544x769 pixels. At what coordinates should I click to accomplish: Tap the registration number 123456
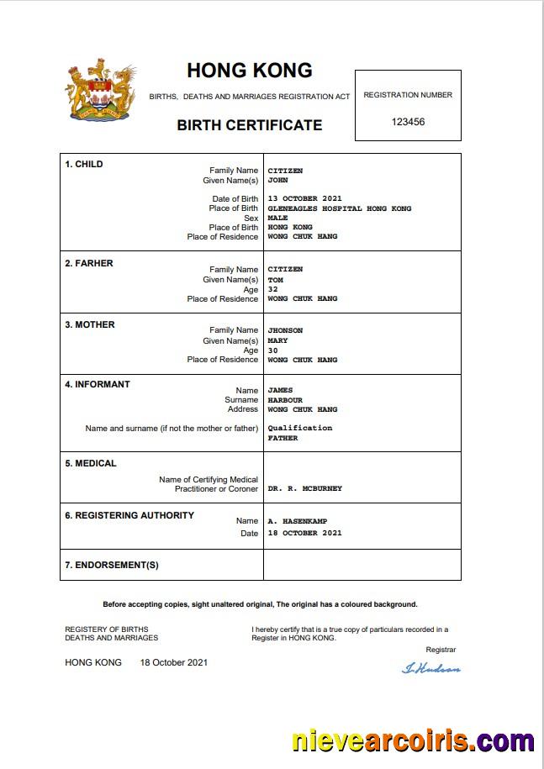[x=408, y=122]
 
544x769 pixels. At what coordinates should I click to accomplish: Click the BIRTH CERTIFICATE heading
[x=249, y=125]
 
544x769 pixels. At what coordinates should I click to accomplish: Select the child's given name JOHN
[x=277, y=180]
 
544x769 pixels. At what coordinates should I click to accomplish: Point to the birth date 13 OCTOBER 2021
[x=304, y=199]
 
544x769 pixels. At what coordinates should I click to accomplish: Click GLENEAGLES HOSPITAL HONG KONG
[x=339, y=208]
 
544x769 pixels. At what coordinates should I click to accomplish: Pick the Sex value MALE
[x=277, y=218]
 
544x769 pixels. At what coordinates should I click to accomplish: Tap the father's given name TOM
[x=275, y=280]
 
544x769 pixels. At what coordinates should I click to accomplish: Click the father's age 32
[x=272, y=289]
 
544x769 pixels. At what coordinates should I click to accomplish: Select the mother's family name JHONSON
[x=285, y=330]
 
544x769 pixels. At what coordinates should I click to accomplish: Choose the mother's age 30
[x=272, y=350]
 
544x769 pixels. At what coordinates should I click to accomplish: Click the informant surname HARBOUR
[x=285, y=400]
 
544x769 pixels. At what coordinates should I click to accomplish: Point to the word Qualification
[x=299, y=428]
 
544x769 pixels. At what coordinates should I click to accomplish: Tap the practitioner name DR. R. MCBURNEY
[x=304, y=488]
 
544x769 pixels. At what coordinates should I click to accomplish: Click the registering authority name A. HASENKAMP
[x=297, y=521]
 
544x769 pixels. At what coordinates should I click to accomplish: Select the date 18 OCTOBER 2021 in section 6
[x=304, y=533]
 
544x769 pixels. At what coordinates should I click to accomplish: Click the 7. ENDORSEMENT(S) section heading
[x=112, y=565]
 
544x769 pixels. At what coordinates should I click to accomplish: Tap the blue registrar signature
[x=431, y=668]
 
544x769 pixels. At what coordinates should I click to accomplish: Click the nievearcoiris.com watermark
[x=412, y=741]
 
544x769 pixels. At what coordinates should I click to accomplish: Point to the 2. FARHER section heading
[x=89, y=263]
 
